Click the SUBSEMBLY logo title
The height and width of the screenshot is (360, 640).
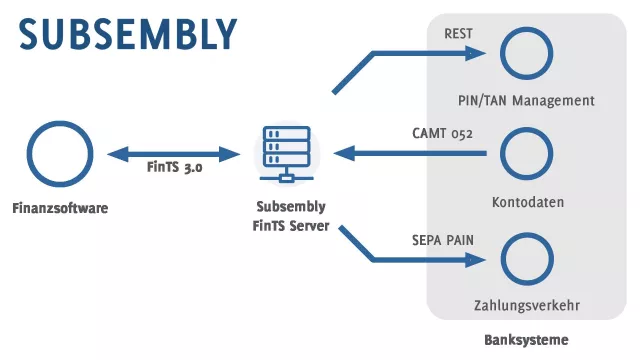pyautogui.click(x=128, y=33)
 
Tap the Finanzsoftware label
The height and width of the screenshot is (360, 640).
pyautogui.click(x=60, y=208)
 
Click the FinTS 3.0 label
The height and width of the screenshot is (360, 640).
pyautogui.click(x=174, y=169)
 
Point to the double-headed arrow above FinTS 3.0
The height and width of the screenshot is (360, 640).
pyautogui.click(x=174, y=154)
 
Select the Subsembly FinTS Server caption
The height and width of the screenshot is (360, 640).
pyautogui.click(x=289, y=215)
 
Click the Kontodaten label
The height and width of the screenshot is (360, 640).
pyautogui.click(x=528, y=202)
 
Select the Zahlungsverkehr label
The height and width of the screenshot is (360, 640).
pyautogui.click(x=527, y=305)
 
